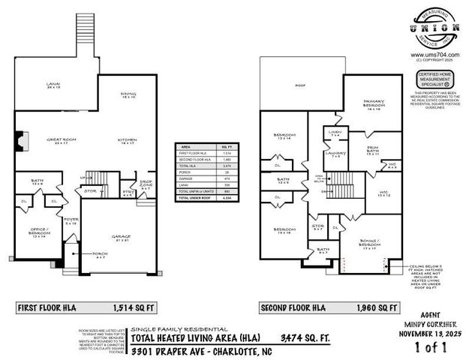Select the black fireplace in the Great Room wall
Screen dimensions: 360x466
[x=20, y=141]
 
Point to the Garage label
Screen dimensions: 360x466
[x=122, y=237]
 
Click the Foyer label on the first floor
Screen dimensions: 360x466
[x=71, y=221]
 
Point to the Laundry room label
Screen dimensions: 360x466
[x=336, y=154]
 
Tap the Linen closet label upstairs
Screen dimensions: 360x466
[x=335, y=133]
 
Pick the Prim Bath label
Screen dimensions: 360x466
[x=373, y=149]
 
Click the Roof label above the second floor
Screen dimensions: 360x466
[x=300, y=86]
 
